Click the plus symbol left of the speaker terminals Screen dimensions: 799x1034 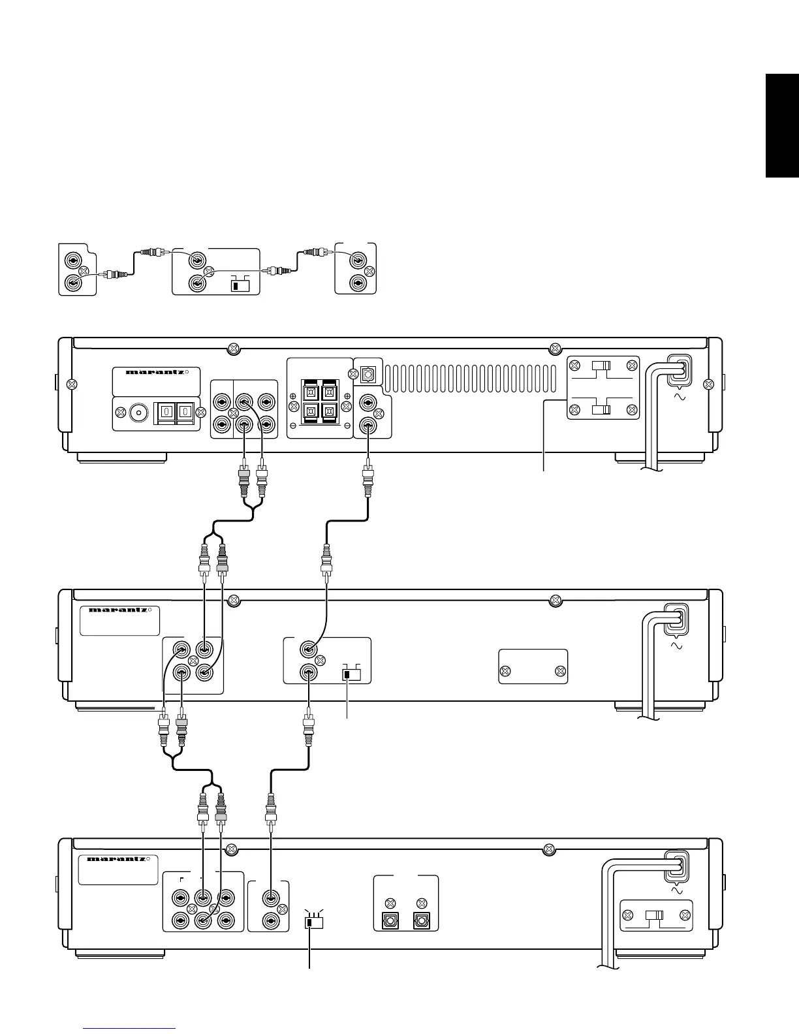(292, 396)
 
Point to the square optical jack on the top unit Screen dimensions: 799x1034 (368, 375)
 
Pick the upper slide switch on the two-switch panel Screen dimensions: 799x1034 (601, 366)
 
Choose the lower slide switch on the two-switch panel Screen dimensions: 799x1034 (601, 410)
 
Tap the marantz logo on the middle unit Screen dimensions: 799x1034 (118, 610)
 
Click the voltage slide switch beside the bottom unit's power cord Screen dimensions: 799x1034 (655, 915)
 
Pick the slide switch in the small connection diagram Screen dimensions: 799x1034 (241, 285)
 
